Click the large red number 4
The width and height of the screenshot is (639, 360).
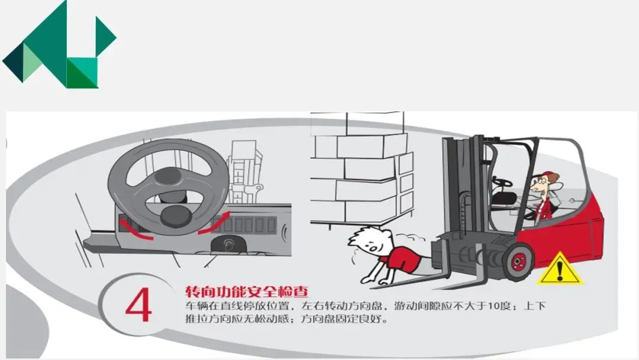click(139, 305)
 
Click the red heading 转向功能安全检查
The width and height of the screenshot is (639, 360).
click(247, 291)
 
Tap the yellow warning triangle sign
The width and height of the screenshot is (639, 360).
click(560, 269)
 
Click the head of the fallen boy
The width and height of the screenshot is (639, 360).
click(369, 242)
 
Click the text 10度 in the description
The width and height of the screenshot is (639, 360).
click(499, 306)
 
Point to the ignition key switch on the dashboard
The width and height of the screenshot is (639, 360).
click(226, 246)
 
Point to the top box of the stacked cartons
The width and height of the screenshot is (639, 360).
click(375, 123)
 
